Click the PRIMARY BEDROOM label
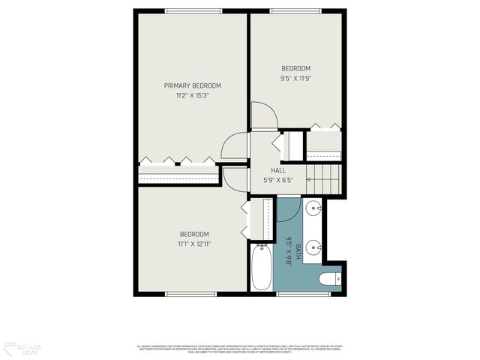click(x=193, y=85)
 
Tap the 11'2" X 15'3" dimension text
click(x=193, y=95)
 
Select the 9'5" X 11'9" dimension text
click(x=295, y=78)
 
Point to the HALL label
click(x=277, y=170)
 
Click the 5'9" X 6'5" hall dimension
click(x=277, y=180)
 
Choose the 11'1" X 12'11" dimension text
click(x=194, y=244)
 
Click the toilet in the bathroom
click(x=329, y=280)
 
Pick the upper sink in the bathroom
click(x=315, y=208)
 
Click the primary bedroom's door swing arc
click(x=235, y=146)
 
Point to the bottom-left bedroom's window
click(x=191, y=294)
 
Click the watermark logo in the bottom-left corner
click(x=22, y=348)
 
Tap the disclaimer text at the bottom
click(x=240, y=348)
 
